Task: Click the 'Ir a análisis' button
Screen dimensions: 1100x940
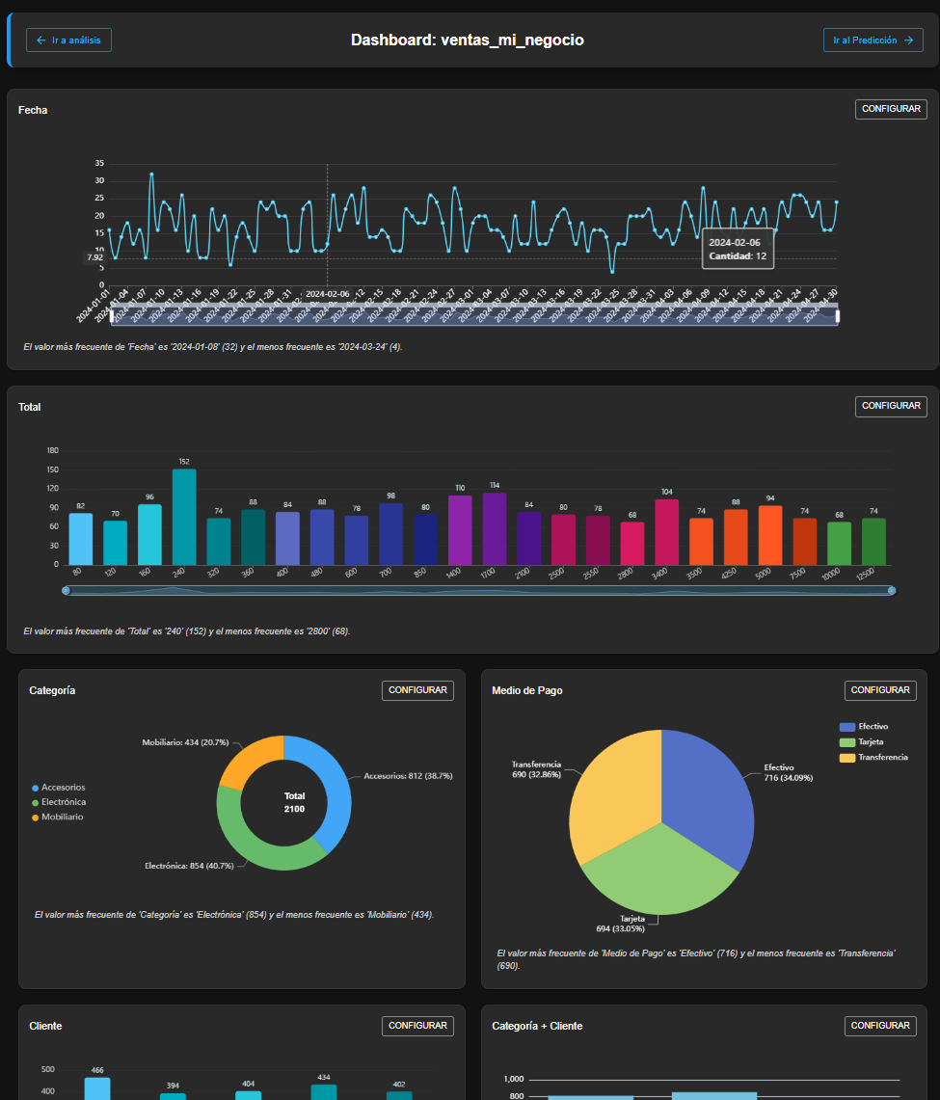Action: (68, 40)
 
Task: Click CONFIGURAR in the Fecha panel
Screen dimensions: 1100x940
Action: (890, 110)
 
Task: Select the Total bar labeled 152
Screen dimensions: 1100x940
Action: (184, 516)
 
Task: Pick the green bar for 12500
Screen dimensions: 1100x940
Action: (873, 541)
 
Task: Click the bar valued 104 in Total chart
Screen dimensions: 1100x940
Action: (666, 531)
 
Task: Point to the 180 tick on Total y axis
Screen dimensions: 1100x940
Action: (53, 450)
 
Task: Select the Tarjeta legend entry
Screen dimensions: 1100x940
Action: (871, 742)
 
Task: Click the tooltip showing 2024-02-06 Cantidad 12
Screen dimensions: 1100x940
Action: (739, 250)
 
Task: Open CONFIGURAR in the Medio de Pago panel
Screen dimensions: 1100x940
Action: (880, 690)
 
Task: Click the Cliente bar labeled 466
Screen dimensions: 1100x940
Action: (97, 1088)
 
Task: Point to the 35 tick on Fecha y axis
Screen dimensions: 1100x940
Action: (99, 164)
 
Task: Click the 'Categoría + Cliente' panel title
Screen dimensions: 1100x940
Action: (537, 1026)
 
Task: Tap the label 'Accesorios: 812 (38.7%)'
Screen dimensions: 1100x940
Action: (408, 775)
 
